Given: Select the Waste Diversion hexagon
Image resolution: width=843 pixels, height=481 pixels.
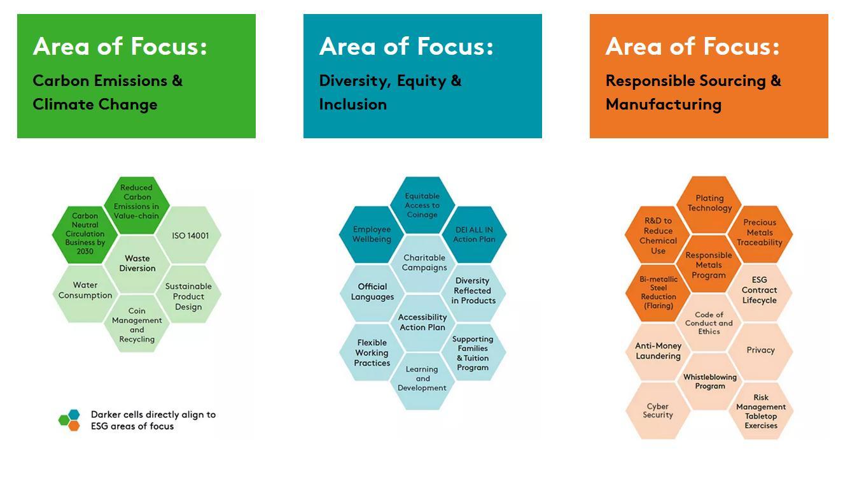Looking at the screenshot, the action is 137,264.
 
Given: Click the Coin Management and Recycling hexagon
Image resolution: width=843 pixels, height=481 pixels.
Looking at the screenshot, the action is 137,324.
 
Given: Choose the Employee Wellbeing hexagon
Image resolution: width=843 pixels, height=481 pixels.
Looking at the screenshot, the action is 372,234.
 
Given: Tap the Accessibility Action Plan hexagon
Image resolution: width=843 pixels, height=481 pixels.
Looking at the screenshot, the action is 423,322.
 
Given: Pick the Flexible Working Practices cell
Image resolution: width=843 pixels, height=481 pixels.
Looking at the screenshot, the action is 372,352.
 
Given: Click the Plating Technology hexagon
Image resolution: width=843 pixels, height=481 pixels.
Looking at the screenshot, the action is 709,205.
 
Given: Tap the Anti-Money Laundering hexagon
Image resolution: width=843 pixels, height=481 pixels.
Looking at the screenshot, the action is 658,351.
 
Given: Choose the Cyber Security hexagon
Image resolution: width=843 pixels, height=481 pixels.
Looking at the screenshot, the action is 658,410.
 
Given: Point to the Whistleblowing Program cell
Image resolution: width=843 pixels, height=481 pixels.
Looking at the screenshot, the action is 710,381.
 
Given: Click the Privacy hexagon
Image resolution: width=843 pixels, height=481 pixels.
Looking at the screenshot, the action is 760,351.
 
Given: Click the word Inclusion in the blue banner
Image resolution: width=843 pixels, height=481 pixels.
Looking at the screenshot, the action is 353,104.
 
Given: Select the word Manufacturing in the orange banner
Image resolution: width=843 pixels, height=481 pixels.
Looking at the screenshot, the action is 664,104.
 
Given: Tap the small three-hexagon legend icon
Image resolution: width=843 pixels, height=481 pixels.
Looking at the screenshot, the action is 69,420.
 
